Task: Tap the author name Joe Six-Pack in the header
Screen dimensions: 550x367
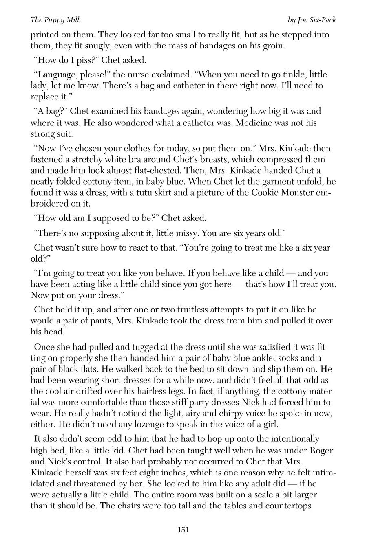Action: click(x=311, y=20)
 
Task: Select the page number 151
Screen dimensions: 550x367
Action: click(x=183, y=530)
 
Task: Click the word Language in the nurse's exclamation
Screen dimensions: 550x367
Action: click(x=55, y=75)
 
